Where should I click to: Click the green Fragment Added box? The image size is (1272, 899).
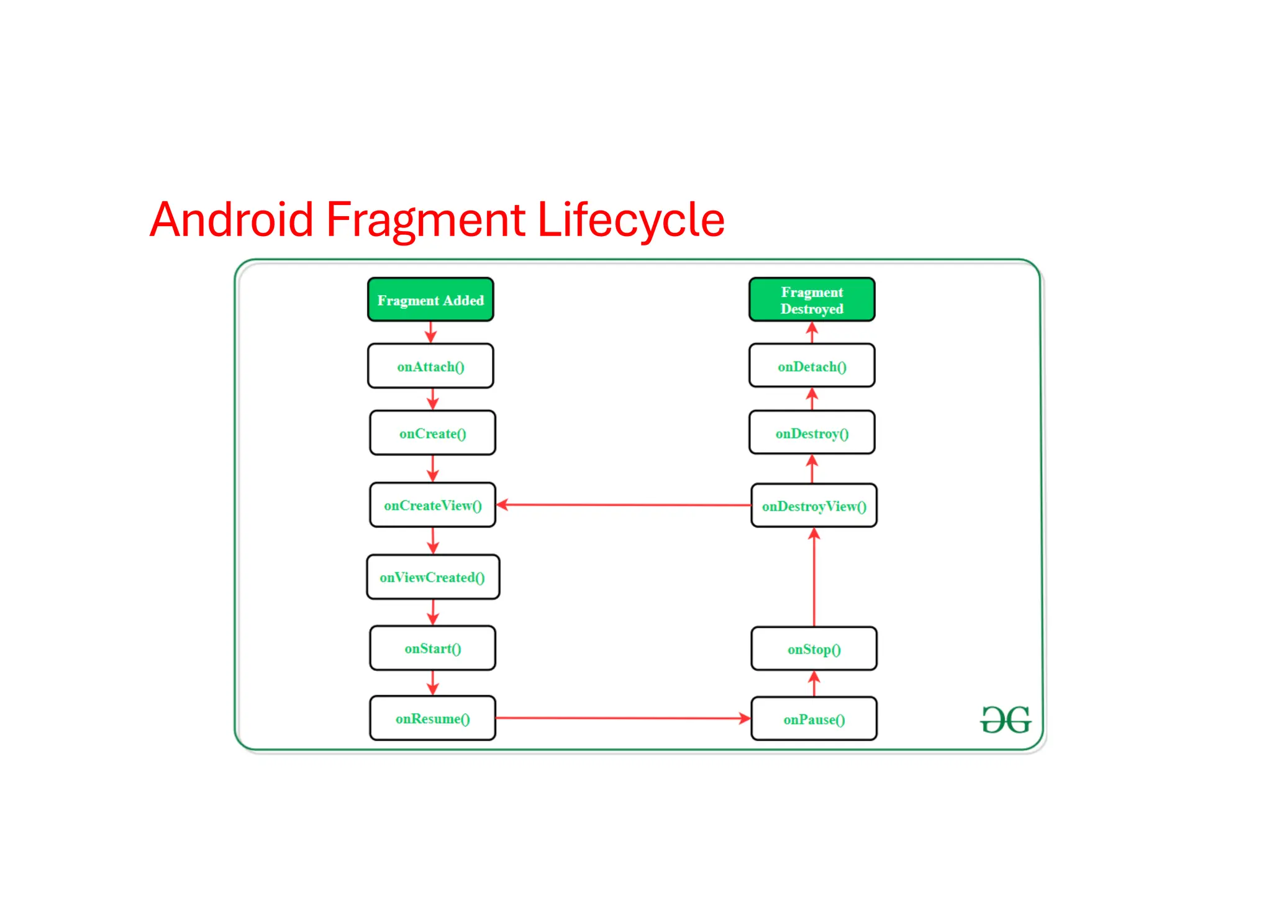430,300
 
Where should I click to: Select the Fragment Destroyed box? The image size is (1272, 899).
812,300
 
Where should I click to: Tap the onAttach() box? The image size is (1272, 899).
430,367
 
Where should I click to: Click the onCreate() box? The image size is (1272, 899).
432,433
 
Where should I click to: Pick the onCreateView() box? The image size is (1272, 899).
432,505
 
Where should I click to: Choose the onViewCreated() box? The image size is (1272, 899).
432,577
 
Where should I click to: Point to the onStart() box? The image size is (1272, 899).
432,648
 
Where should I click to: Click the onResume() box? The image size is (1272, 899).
432,718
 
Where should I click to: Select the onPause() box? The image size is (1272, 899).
814,719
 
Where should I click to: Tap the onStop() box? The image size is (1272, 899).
814,649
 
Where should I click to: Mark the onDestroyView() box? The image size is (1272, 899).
814,506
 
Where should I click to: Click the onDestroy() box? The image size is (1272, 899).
812,433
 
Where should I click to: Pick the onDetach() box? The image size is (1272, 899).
812,367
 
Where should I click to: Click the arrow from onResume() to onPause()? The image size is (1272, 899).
623,718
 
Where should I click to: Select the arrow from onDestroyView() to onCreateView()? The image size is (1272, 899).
623,505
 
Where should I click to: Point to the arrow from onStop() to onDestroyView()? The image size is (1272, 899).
814,578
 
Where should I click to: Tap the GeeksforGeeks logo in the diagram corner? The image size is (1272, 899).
1005,719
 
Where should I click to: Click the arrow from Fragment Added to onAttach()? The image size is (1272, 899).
430,332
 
